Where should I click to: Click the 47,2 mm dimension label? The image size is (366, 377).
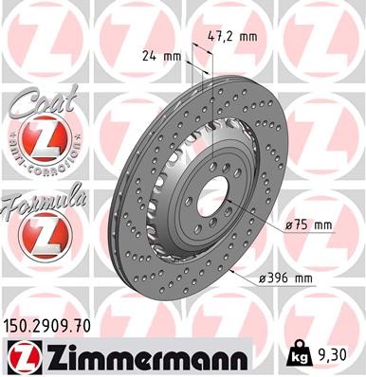(x=232, y=36)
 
